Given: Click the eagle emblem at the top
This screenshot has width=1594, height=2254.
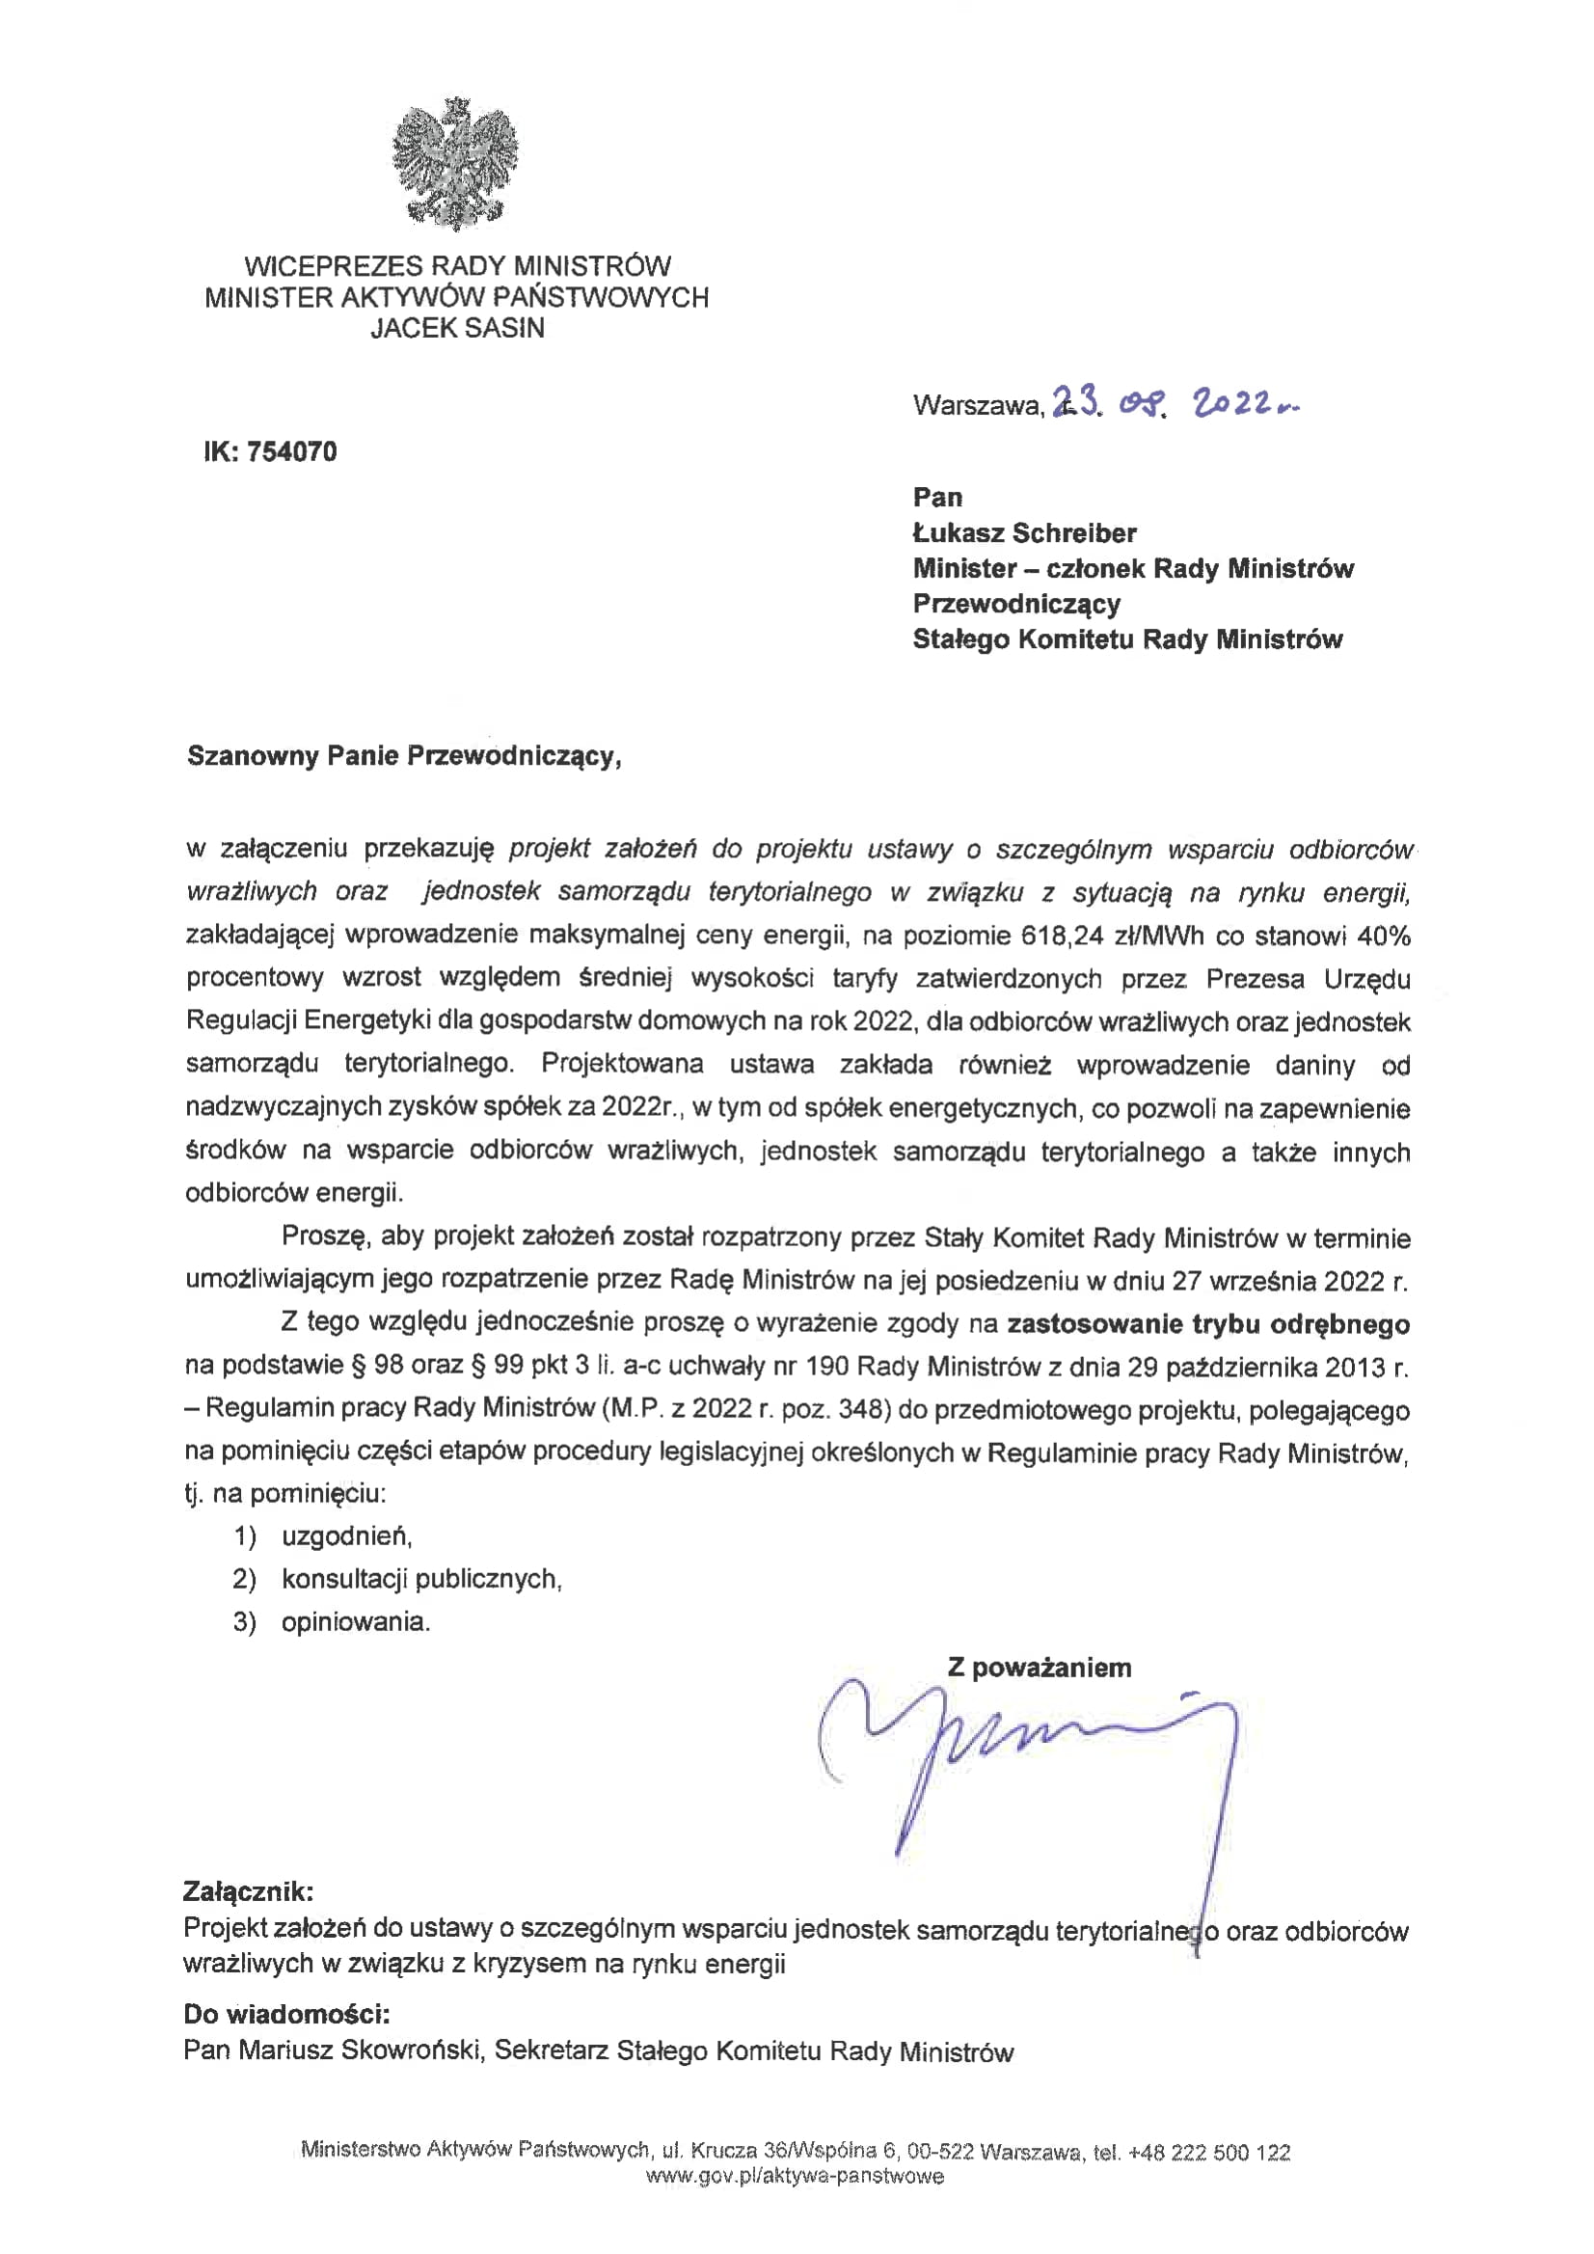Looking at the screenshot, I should (455, 164).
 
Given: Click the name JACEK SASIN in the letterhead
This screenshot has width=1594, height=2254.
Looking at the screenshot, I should (457, 329).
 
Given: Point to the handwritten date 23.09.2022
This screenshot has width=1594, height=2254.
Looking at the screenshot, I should (1175, 403).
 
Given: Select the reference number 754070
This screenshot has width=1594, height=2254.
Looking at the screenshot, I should (291, 451).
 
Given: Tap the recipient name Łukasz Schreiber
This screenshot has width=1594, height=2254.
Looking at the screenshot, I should (1024, 533).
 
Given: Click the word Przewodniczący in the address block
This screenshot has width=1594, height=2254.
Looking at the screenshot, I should (1015, 604).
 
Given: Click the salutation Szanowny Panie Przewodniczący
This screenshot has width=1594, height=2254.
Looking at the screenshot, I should (403, 756).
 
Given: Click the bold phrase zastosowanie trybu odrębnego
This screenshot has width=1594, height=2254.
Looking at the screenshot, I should (1208, 1324).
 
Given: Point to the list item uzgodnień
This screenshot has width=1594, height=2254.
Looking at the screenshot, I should (346, 1536).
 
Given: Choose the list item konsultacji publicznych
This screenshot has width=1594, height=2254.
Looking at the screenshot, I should (421, 1579).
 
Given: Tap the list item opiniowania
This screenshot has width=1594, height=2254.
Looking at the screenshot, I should (355, 1622).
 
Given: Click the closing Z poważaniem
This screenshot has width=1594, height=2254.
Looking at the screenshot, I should (1040, 1667).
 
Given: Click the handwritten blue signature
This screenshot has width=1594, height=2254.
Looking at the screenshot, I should (1031, 1757).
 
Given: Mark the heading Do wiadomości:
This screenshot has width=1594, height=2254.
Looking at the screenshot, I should (286, 2015).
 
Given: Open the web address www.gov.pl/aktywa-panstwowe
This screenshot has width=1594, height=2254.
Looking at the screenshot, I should (795, 2177).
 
